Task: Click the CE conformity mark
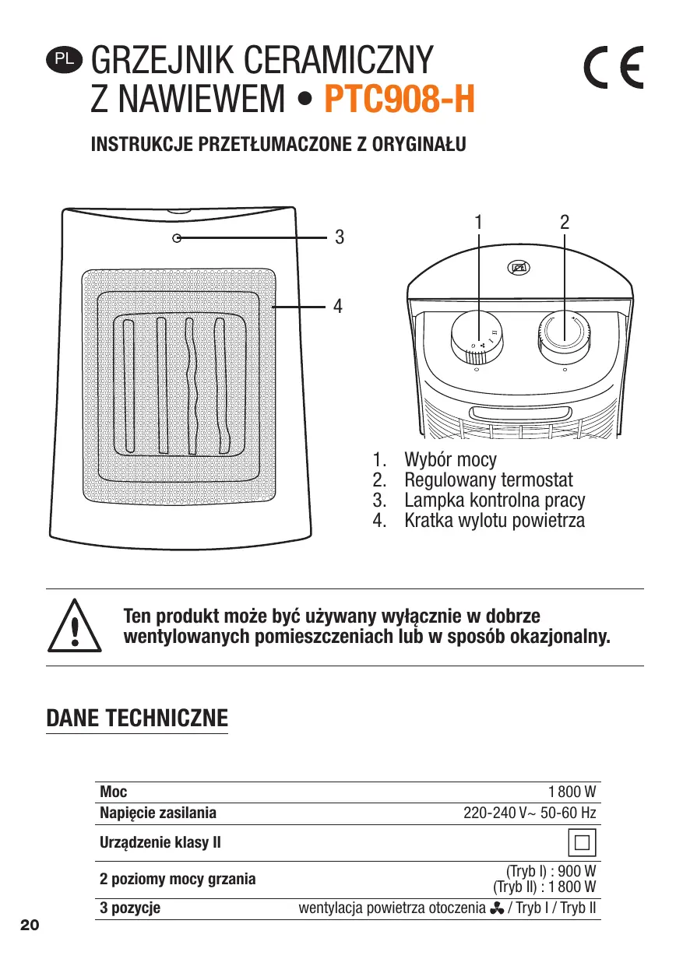[614, 71]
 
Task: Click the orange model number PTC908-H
[399, 100]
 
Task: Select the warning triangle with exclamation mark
[75, 627]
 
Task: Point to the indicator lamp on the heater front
[177, 239]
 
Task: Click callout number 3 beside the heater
[339, 237]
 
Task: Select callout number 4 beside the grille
[338, 306]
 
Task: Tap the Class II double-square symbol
[582, 842]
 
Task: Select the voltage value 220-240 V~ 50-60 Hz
[530, 813]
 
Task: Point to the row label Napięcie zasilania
[158, 813]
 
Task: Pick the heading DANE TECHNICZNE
[137, 717]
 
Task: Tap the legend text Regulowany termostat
[488, 479]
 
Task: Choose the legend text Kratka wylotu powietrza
[494, 520]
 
